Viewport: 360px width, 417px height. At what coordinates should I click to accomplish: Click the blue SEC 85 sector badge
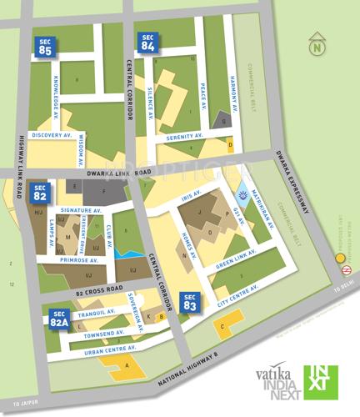45,48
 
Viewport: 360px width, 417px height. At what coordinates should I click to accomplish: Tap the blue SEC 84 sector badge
148,43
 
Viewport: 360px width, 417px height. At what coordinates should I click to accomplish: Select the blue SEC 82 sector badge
40,193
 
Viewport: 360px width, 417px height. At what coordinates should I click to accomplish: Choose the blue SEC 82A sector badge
58,319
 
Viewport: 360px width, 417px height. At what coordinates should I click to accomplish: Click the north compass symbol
316,46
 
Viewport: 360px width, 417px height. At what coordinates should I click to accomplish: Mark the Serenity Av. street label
184,136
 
